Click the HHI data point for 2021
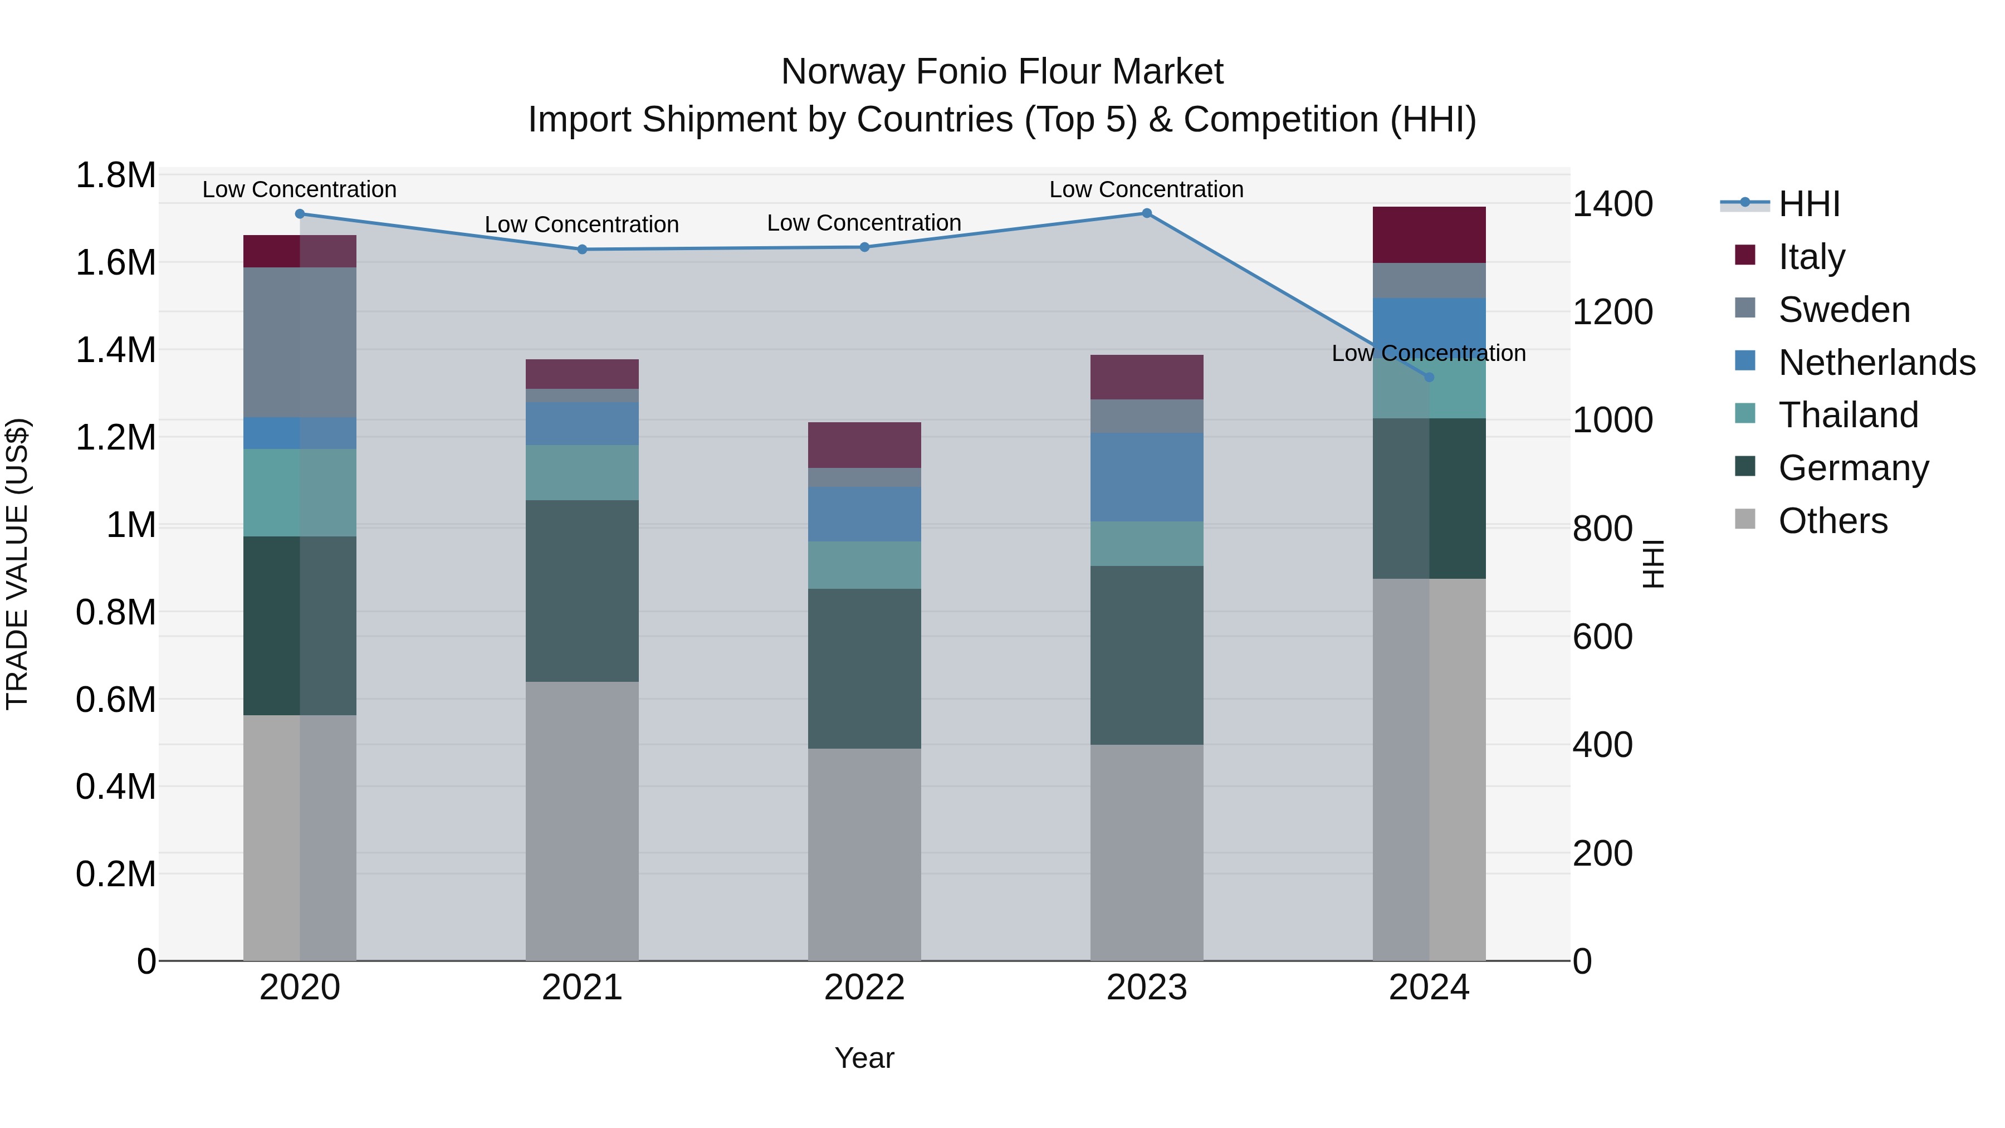coord(582,249)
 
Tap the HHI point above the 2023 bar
coord(1147,213)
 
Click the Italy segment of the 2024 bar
coord(1429,235)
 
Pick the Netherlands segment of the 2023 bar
coord(1147,477)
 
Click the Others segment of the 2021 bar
coord(582,821)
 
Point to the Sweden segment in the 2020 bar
coord(300,343)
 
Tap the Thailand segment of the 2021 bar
coord(582,472)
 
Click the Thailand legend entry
coord(1848,415)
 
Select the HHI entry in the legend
coord(1809,204)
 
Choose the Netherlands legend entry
coord(1876,363)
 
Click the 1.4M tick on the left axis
coord(115,350)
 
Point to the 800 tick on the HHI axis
coord(1602,529)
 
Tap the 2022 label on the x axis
coord(864,988)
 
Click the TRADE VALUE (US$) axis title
coord(17,564)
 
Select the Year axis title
coord(864,1058)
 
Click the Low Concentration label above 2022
coord(864,223)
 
